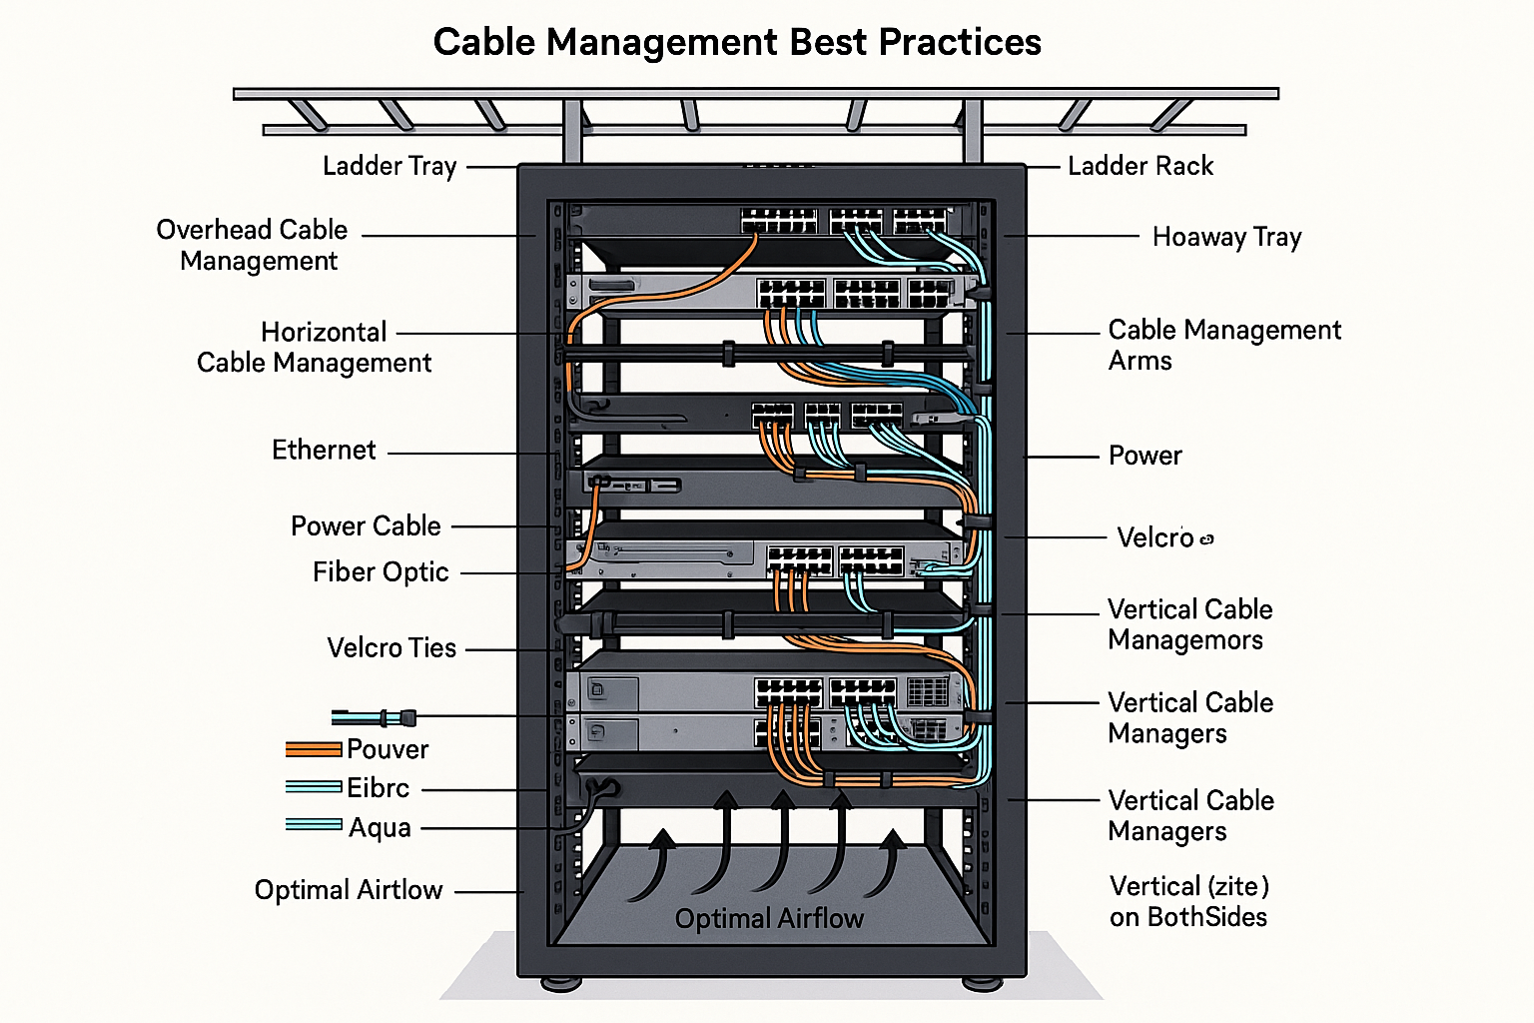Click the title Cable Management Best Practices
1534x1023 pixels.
coord(737,42)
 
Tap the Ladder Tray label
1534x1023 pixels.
coord(389,166)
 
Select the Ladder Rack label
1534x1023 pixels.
coord(1141,166)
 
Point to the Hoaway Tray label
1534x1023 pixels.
coord(1226,237)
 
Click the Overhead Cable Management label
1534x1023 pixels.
coord(253,245)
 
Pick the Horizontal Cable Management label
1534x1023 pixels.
coord(315,347)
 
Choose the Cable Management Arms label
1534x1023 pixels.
coord(1224,345)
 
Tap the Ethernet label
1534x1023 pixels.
coord(324,451)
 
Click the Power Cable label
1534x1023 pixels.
coord(366,525)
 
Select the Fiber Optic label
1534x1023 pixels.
coord(381,572)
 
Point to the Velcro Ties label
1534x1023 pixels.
coord(391,648)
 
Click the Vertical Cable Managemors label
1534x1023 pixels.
coord(1189,624)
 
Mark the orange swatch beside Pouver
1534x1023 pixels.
coord(314,749)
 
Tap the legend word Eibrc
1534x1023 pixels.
coord(379,788)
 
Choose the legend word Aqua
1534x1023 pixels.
coord(380,828)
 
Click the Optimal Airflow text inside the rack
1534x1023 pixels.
coord(769,919)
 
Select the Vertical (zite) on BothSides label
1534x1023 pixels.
coord(1188,901)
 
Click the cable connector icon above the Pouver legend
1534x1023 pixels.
coord(375,717)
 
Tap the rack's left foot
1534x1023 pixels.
coord(561,983)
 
